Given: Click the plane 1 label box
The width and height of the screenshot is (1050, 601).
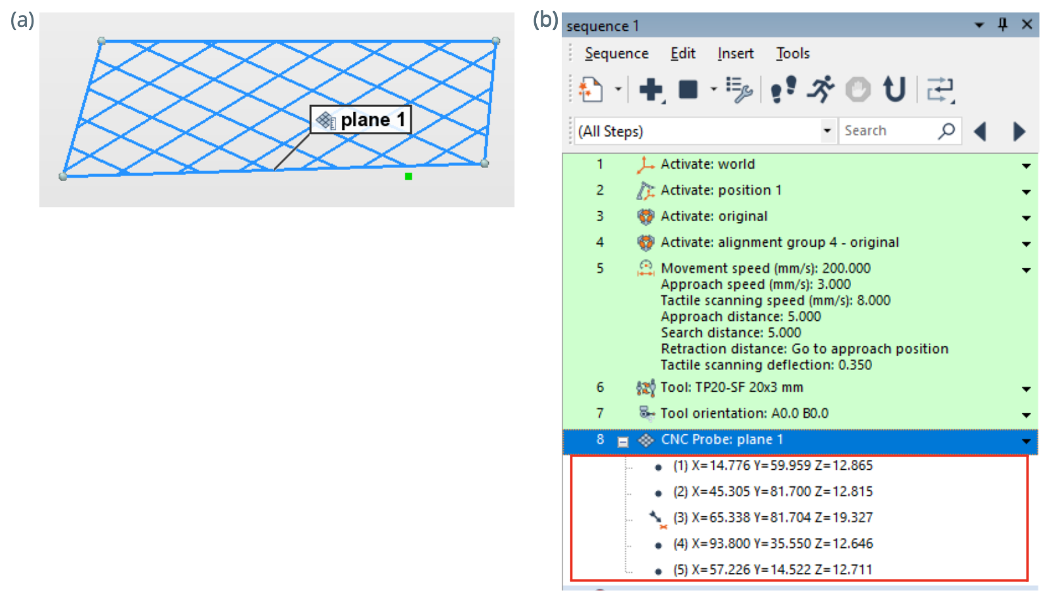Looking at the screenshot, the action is pos(360,119).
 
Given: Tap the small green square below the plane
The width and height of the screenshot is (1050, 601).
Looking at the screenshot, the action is pos(408,176).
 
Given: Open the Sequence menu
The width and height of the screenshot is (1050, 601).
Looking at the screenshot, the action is pos(616,53).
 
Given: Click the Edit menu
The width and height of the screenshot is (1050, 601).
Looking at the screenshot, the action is pos(682,53).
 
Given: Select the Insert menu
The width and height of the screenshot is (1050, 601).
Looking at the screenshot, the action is pos(736,53).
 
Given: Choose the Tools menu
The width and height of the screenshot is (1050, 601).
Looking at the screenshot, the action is pos(793,53).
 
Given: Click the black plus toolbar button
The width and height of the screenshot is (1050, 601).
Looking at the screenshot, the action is pos(651,89).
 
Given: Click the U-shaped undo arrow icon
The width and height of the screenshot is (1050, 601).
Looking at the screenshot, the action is pos(894,89).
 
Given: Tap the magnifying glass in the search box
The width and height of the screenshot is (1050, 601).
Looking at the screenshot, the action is pos(946,131).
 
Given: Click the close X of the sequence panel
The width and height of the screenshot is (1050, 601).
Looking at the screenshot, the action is pos(1026,24).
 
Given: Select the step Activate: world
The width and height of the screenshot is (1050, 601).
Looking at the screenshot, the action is pos(707,164).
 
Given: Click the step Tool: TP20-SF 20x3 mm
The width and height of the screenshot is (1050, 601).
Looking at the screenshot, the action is pos(731,387).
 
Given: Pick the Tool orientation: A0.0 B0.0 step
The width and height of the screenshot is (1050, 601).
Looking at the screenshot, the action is pos(744,413).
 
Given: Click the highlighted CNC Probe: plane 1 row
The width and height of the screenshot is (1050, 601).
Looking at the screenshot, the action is pos(800,440).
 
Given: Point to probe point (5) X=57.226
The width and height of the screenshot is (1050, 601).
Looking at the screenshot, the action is pos(772,569).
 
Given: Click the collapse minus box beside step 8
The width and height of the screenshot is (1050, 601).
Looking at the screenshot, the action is pos(623,442).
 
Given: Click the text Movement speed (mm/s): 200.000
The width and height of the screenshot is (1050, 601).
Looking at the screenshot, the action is pos(765,268).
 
